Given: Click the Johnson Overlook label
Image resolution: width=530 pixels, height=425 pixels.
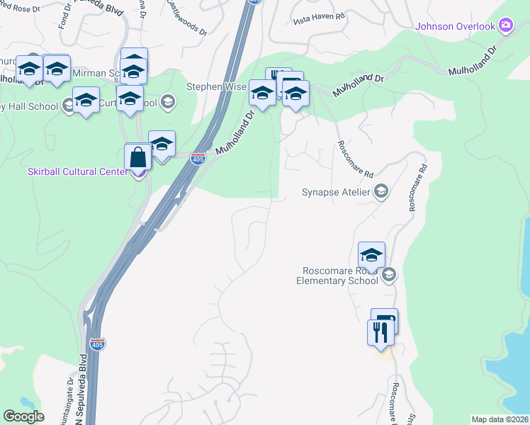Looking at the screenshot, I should [455, 27].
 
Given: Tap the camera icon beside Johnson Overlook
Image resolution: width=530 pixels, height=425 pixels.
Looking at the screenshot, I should [505, 27].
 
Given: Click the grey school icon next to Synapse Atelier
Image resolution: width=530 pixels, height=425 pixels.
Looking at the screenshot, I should [381, 192].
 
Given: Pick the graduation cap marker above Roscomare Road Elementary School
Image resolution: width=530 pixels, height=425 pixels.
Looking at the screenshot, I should [371, 255].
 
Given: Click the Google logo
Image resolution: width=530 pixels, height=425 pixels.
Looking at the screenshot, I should [23, 416].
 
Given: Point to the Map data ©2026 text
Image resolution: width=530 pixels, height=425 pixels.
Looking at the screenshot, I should [500, 419].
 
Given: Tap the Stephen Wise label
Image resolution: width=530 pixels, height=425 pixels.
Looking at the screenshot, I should [217, 86].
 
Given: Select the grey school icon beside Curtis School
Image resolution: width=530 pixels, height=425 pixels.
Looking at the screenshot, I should [168, 102].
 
